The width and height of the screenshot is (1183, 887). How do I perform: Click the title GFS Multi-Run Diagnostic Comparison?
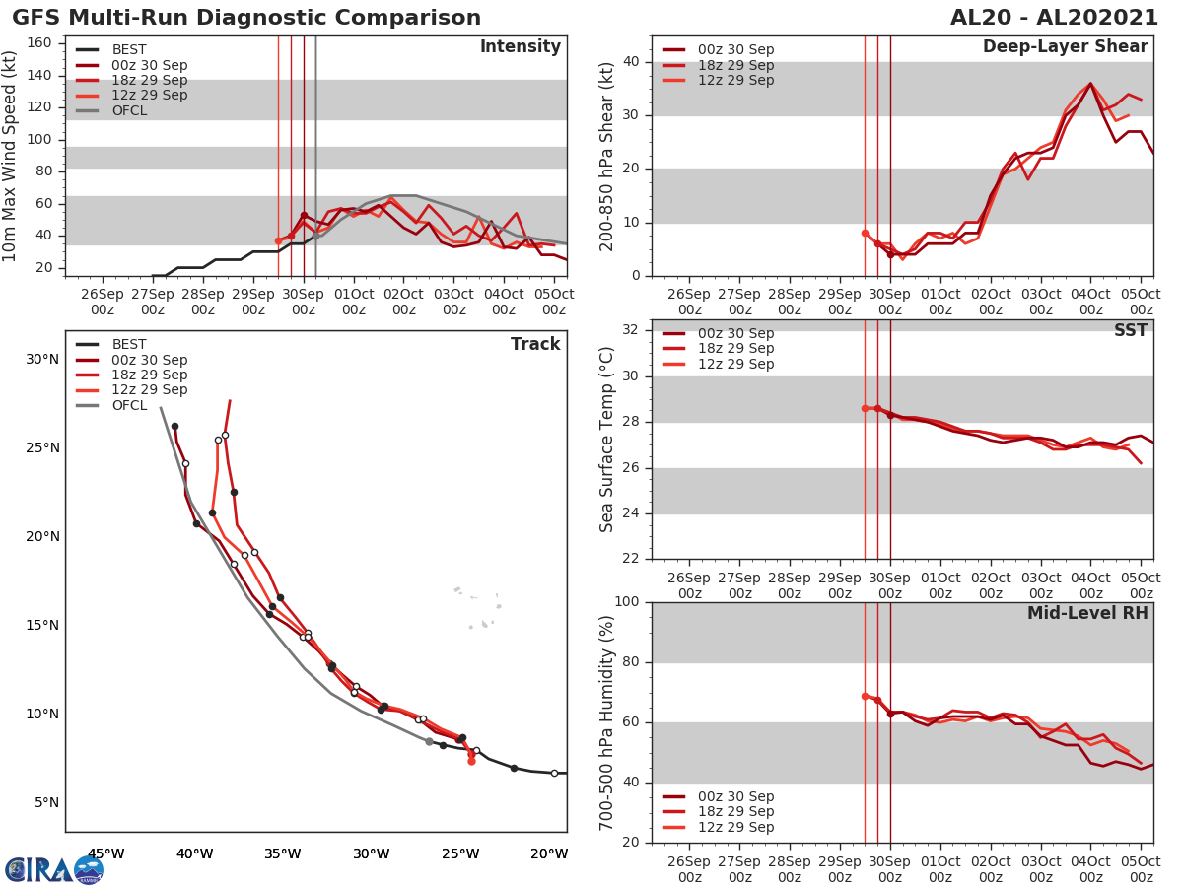pos(246,18)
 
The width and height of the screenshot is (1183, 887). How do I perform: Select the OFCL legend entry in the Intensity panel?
pos(129,110)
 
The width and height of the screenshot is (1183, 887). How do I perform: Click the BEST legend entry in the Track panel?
pos(129,345)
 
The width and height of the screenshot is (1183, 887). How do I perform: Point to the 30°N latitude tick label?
pos(42,359)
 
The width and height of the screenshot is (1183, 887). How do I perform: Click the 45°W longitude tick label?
pos(105,853)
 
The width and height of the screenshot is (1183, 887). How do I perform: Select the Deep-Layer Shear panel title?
pos(1065,47)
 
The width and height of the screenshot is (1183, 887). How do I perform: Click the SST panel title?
pos(1131,331)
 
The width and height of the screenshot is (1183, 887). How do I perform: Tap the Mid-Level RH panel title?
pos(1087,613)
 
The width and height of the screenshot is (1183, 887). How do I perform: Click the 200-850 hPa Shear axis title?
pos(607,156)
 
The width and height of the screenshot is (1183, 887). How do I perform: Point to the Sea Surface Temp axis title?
pos(607,439)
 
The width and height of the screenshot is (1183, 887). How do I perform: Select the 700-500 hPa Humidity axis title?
pos(607,721)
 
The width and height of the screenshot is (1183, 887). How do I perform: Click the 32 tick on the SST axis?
pos(630,330)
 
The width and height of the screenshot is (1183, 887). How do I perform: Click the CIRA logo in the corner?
pos(52,870)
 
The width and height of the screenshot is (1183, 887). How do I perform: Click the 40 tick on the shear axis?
pos(630,62)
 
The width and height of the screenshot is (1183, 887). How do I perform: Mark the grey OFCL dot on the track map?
pos(429,741)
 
